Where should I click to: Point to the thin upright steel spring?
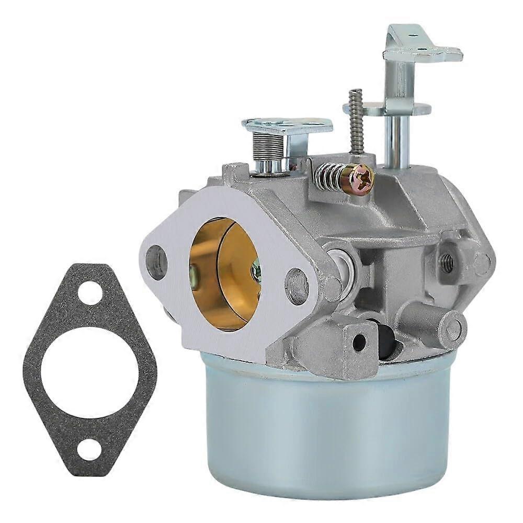coord(357,121)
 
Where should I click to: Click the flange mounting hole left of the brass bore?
coord(157,261)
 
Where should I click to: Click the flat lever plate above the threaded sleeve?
coord(287,126)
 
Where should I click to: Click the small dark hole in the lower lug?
coord(359,342)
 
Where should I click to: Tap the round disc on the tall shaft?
coord(387,108)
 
